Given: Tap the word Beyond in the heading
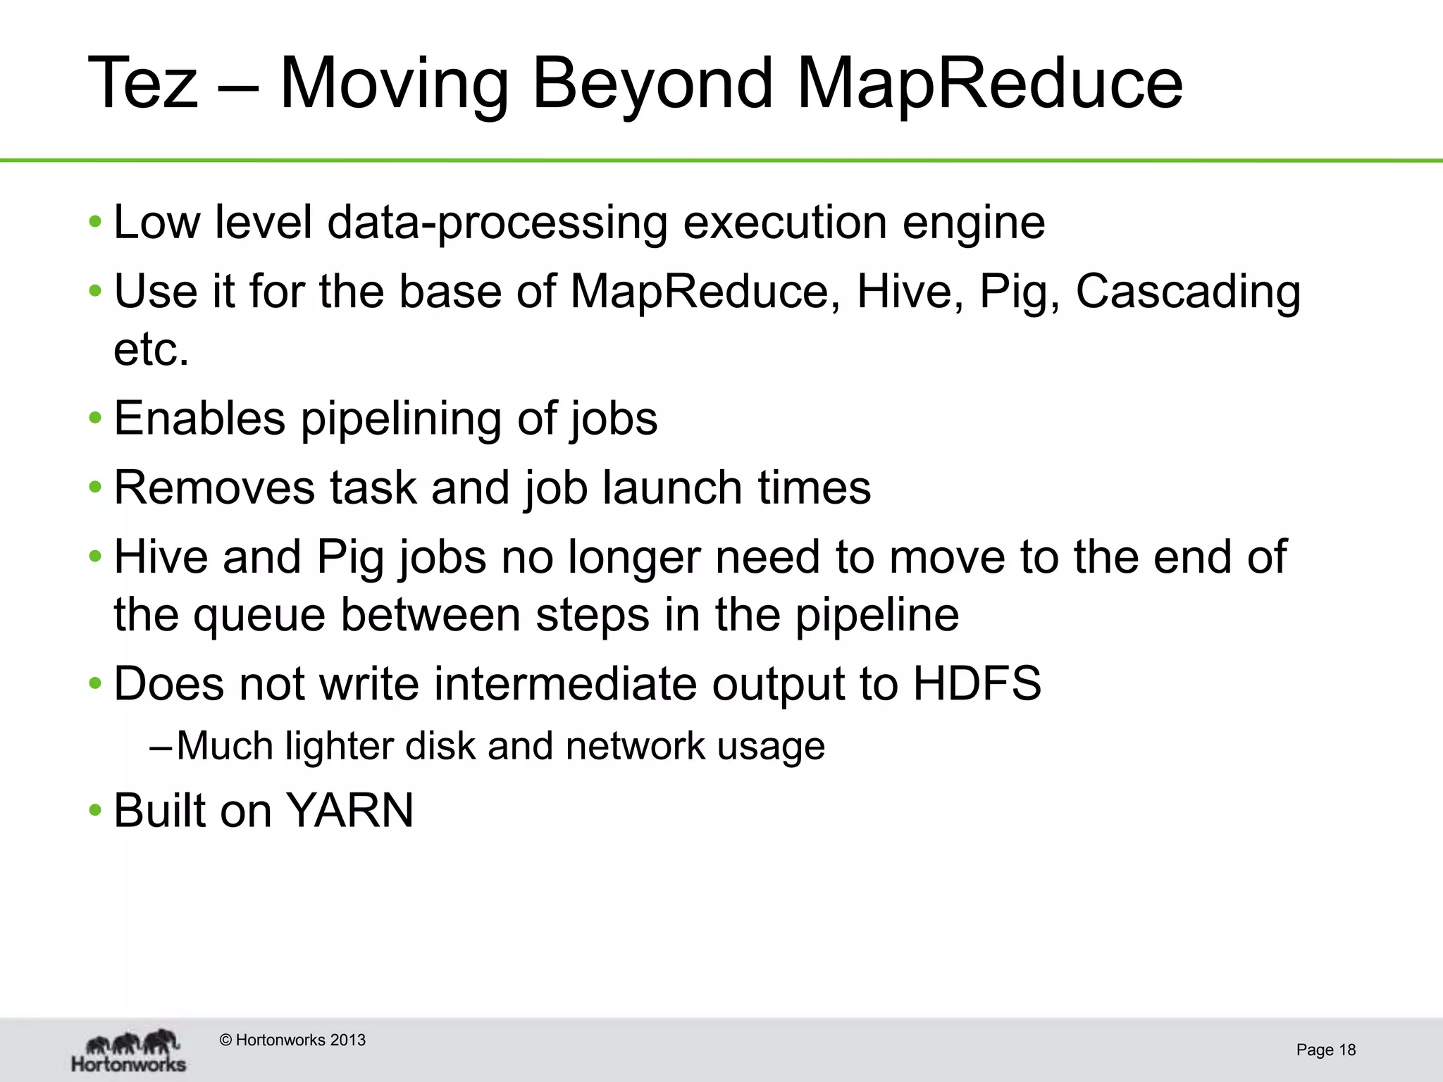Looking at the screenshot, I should (x=652, y=83).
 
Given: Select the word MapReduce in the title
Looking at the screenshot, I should (x=989, y=83).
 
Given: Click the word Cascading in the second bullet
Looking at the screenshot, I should (x=1188, y=292).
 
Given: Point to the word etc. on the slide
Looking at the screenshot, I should (x=151, y=349).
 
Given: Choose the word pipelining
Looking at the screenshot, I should (x=400, y=418).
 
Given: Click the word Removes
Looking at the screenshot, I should (x=214, y=487).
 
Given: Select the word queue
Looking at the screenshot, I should (x=259, y=615).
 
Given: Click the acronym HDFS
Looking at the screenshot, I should (x=977, y=683).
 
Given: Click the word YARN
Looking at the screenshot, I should (x=349, y=810).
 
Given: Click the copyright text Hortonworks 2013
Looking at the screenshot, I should (x=293, y=1040).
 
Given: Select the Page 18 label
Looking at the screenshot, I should (x=1325, y=1050).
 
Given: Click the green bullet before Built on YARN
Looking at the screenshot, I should (x=95, y=811).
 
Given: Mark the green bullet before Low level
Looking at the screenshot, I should (x=95, y=223).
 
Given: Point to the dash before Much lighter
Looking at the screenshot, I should (x=161, y=746).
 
